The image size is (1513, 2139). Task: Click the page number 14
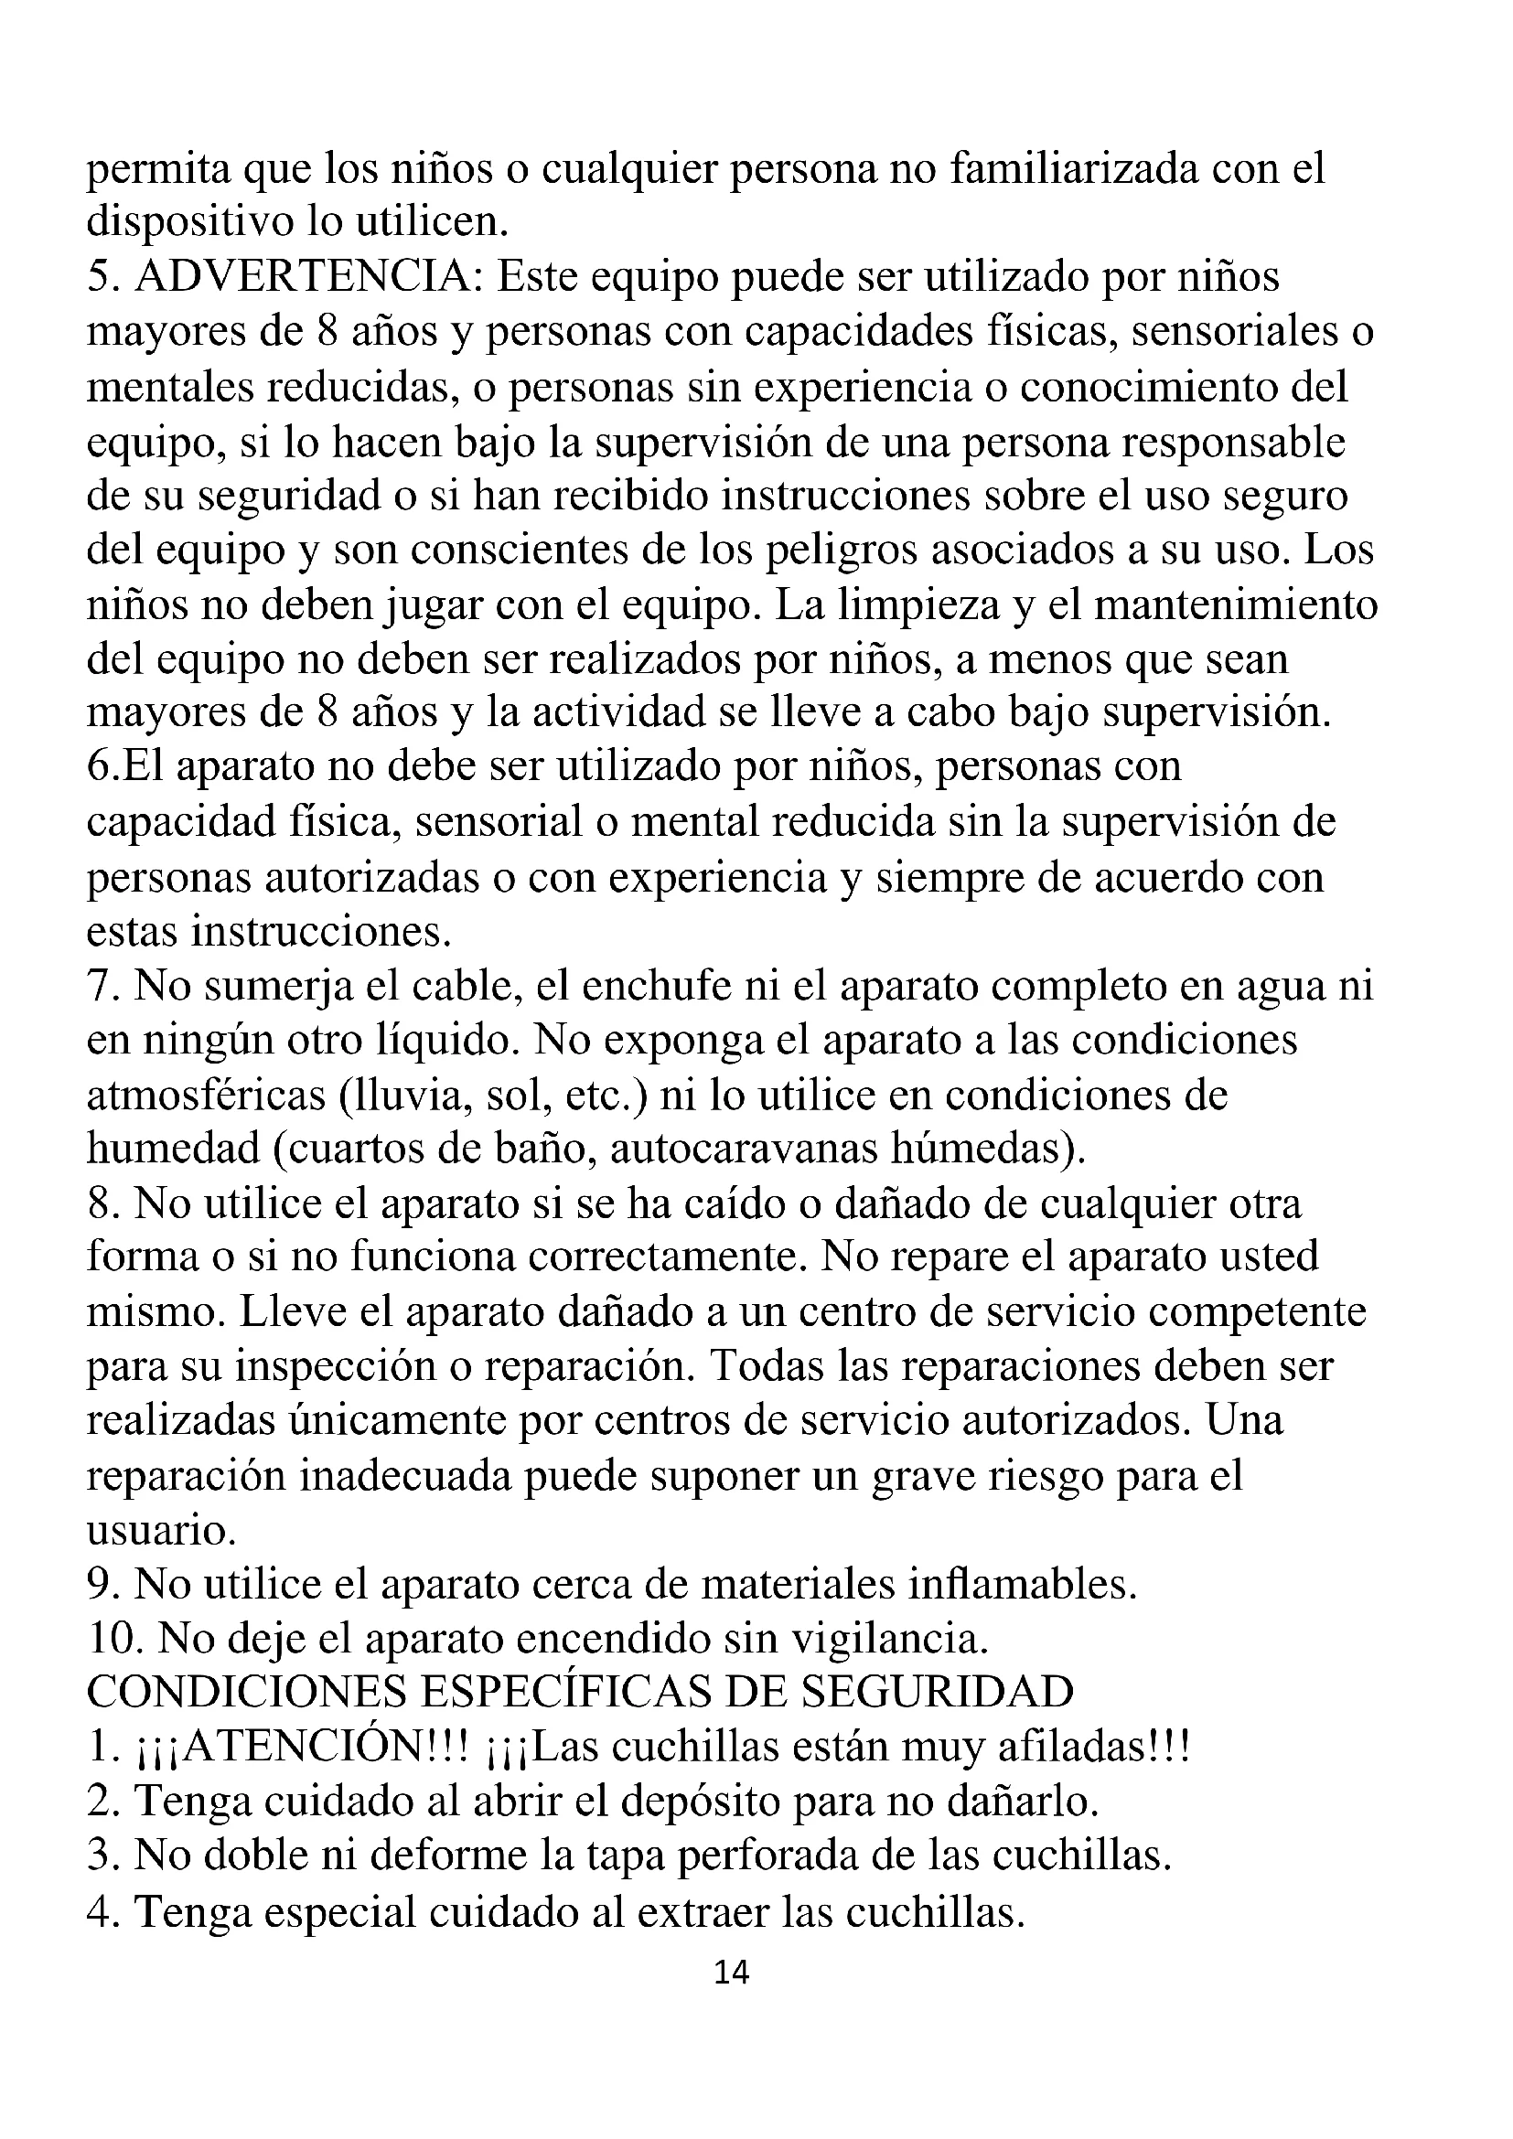(732, 1972)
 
